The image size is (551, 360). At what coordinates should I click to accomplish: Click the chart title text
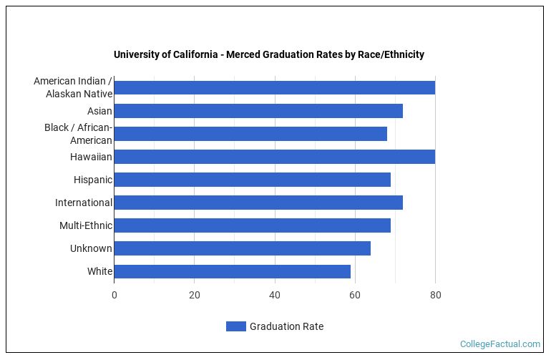[268, 54]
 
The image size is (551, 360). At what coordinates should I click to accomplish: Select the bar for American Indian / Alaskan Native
[274, 88]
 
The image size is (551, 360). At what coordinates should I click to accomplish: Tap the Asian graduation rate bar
[258, 111]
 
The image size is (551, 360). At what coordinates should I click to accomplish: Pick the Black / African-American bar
[250, 134]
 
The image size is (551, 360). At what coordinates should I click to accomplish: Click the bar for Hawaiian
[274, 157]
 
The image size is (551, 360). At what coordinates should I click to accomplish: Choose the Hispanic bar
[252, 180]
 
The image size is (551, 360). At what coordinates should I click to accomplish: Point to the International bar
[258, 203]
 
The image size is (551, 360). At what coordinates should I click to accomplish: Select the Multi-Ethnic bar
[252, 225]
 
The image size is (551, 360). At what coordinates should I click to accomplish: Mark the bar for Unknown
[242, 248]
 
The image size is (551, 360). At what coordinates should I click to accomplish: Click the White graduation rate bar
[232, 271]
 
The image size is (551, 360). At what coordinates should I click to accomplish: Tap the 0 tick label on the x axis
[114, 295]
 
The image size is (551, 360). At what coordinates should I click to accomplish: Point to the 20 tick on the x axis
[194, 295]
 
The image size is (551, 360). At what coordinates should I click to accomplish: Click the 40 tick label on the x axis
[274, 295]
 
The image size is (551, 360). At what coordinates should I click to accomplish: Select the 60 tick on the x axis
[354, 295]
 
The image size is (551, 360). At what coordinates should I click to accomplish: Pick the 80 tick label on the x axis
[434, 295]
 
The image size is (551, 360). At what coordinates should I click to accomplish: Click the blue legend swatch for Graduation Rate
[235, 326]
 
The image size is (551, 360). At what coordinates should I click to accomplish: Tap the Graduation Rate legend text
[286, 326]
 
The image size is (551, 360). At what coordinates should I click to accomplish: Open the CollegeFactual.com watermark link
[499, 344]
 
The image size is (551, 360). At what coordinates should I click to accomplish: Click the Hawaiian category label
[91, 157]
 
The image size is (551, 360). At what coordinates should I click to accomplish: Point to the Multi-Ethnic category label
[86, 225]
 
